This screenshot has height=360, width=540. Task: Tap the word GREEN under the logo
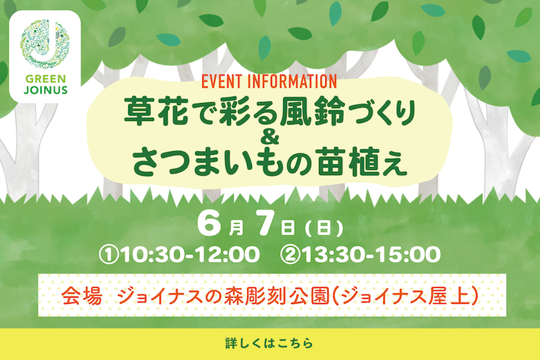coord(45,79)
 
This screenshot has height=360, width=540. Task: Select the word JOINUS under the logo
coord(45,90)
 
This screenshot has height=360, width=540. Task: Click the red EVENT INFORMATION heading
coord(269,81)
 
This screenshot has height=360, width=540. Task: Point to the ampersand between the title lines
coord(270,138)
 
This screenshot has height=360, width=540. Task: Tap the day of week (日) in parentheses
coord(324,228)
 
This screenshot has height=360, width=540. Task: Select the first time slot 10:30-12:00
coord(191,254)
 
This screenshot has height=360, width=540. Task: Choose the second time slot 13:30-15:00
coord(372,254)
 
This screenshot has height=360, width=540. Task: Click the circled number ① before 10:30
coord(109,255)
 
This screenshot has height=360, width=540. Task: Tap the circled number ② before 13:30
coord(290,255)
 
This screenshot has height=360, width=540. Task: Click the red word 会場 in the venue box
coord(82,296)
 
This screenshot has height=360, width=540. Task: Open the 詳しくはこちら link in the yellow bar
coord(269,343)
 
